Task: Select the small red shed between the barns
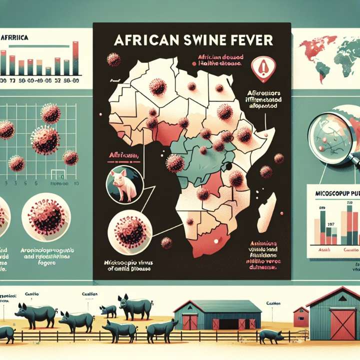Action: click(x=300, y=316)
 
